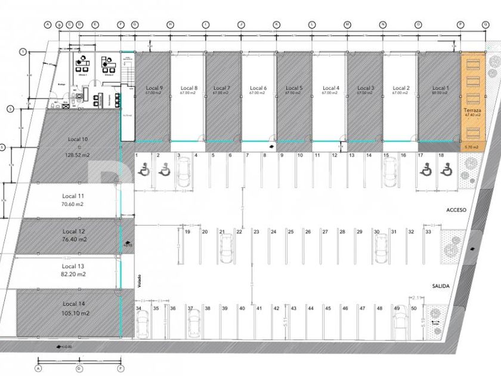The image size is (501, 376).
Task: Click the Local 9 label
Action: (x=153, y=88)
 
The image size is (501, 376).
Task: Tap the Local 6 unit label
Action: (x=258, y=88)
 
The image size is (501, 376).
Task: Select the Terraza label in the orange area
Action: (x=472, y=112)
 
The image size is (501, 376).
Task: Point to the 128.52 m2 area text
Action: (x=78, y=155)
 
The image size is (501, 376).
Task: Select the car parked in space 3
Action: (x=184, y=169)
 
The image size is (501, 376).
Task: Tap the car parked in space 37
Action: (x=193, y=325)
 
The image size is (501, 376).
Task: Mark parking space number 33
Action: (x=428, y=231)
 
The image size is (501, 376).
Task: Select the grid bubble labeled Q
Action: (x=485, y=24)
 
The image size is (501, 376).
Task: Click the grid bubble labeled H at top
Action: (x=170, y=24)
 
